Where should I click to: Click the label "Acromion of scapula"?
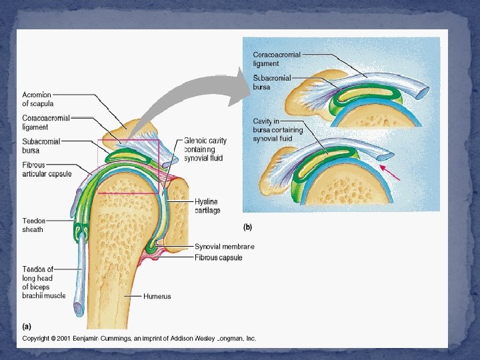tap(37, 99)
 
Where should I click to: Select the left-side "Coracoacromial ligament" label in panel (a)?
tap(45, 123)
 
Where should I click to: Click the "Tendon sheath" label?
tap(33, 225)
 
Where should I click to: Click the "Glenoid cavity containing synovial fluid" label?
tap(205, 149)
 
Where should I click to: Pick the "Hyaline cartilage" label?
tap(206, 206)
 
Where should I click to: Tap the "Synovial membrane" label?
tap(224, 247)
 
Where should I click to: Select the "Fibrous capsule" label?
tap(218, 257)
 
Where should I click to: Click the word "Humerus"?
tap(157, 296)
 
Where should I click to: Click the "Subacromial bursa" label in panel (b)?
tap(272, 82)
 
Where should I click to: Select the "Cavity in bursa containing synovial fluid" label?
tap(277, 130)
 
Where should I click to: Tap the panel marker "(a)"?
tap(27, 326)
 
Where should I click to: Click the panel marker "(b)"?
tap(247, 227)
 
